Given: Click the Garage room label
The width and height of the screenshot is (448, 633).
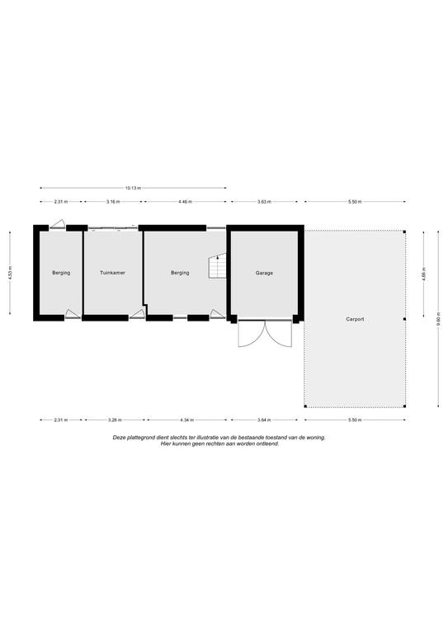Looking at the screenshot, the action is pos(264,273).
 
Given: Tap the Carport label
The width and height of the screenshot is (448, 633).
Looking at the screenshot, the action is pos(355,319).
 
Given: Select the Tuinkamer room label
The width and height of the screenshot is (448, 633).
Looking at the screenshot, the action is pos(113,273).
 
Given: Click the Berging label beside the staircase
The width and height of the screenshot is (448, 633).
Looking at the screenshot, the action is pos(180,273).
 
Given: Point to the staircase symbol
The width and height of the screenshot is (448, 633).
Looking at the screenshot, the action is pos(217,265).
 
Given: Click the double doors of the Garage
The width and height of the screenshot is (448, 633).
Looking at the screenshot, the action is pos(265,334).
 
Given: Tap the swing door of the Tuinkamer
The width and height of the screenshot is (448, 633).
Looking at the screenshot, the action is pos(137,314).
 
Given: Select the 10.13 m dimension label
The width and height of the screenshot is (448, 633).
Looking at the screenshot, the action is pos(134,188).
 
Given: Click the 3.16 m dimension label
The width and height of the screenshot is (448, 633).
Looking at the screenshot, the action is pos(113,201).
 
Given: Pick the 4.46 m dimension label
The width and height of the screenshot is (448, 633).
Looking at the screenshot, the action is pos(186,201).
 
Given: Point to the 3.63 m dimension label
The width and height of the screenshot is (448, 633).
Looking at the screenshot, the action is pos(264,201).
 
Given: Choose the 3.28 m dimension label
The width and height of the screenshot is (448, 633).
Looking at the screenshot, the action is pos(115,420).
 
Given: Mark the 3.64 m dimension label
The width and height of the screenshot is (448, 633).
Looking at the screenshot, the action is pos(265,420).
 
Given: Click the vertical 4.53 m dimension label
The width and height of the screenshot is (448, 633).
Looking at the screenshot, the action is pos(10,273).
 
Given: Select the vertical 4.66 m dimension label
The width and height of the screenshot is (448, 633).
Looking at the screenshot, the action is pos(423,274).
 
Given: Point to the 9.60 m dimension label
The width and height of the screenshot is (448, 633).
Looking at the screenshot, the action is pos(438,319).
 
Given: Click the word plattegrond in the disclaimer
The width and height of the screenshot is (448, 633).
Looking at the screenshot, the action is pos(139,438).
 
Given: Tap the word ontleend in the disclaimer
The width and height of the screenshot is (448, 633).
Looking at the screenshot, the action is pos(269,443).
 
